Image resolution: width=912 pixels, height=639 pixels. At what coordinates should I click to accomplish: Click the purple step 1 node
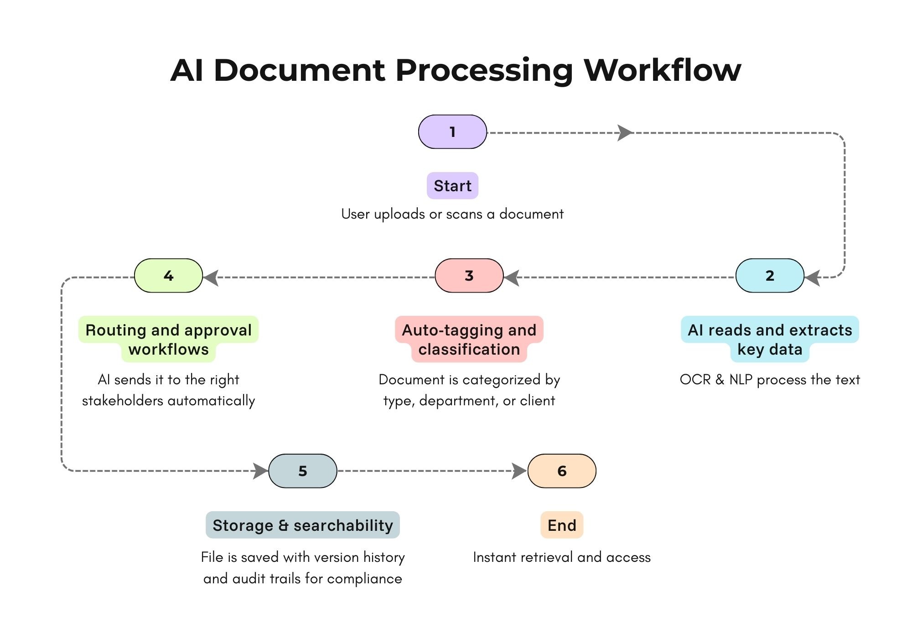pyautogui.click(x=452, y=132)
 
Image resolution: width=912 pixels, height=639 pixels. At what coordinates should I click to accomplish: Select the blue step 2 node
pyautogui.click(x=770, y=276)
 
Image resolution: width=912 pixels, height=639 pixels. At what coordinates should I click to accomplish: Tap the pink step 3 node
pyautogui.click(x=469, y=276)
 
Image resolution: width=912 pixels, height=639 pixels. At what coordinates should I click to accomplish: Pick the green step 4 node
pyautogui.click(x=168, y=276)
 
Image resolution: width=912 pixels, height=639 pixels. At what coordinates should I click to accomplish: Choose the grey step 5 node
pyautogui.click(x=303, y=471)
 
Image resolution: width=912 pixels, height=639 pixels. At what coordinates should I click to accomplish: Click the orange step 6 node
pyautogui.click(x=562, y=471)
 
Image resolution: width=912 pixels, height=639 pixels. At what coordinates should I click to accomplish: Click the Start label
pyautogui.click(x=452, y=186)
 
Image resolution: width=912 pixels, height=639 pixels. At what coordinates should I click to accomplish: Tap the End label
pyautogui.click(x=562, y=525)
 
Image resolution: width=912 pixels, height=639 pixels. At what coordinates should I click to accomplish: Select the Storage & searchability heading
pyautogui.click(x=303, y=525)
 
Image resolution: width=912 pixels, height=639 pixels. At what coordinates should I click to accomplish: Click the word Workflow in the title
pyautogui.click(x=662, y=70)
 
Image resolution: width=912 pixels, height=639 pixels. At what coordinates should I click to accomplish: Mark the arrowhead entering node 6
pyautogui.click(x=519, y=471)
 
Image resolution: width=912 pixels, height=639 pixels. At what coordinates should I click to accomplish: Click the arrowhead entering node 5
pyautogui.click(x=260, y=471)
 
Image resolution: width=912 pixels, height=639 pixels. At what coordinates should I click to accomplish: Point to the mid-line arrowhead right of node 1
pyautogui.click(x=625, y=133)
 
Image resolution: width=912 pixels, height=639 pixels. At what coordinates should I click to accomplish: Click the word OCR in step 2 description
pyautogui.click(x=695, y=380)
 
